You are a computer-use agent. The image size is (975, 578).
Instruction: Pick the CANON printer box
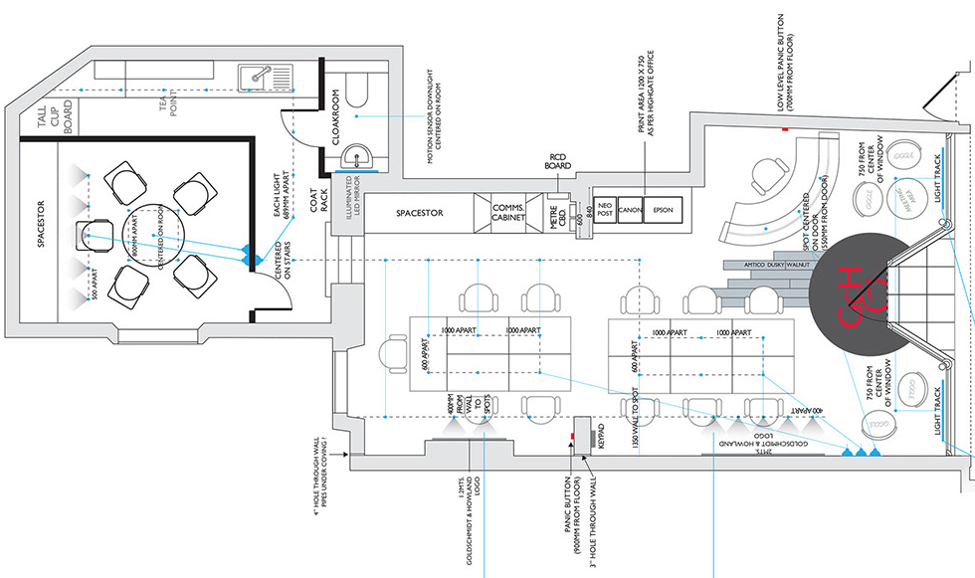(630, 211)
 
